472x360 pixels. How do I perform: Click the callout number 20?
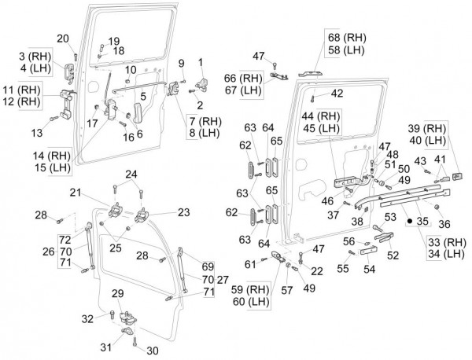point(64,39)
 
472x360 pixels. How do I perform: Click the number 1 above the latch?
point(201,61)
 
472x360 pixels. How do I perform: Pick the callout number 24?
point(132,174)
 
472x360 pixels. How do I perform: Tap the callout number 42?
point(336,94)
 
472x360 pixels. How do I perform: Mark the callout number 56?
point(348,241)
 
